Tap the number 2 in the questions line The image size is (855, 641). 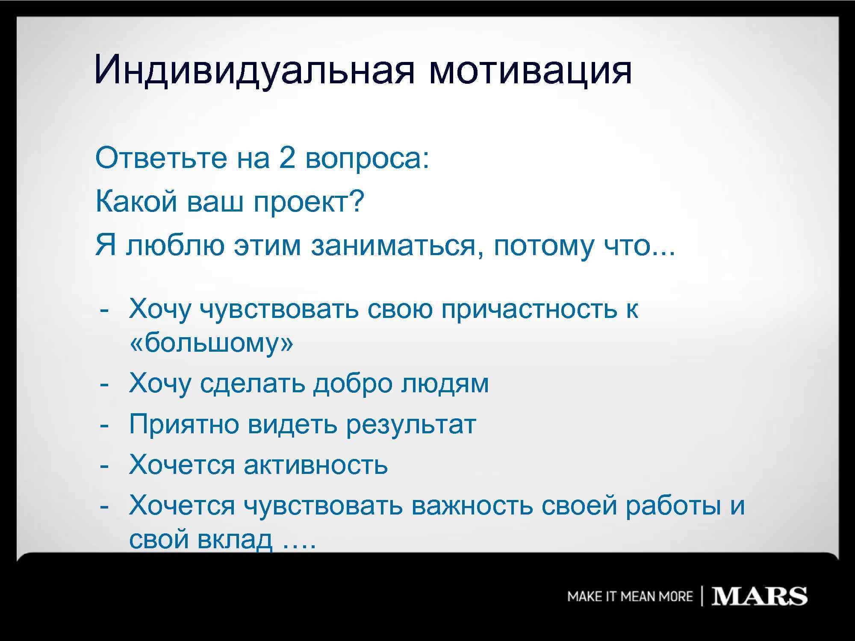pyautogui.click(x=287, y=158)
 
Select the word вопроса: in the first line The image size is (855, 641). pyautogui.click(x=367, y=159)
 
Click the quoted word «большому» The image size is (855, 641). pyautogui.click(x=211, y=343)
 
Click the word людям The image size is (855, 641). pyautogui.click(x=445, y=384)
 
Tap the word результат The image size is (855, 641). pyautogui.click(x=411, y=425)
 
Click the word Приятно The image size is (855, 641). pyautogui.click(x=184, y=425)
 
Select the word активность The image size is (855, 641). pyautogui.click(x=315, y=465)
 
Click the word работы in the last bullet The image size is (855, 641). pyautogui.click(x=673, y=506)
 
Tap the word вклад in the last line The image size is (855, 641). pyautogui.click(x=235, y=539)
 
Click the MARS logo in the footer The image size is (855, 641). pyautogui.click(x=759, y=596)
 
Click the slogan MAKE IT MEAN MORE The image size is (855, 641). pyautogui.click(x=630, y=597)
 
